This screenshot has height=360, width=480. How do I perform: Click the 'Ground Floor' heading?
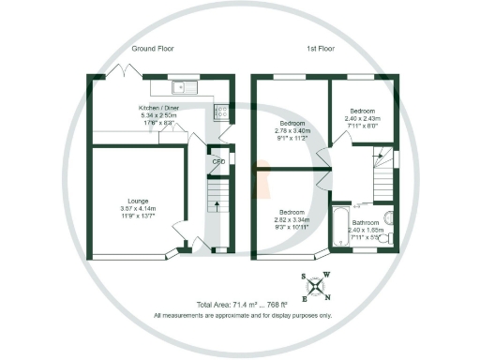click(153, 48)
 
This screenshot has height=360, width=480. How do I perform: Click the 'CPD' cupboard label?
click(218, 161)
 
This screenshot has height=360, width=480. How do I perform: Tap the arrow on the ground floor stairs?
click(213, 199)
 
